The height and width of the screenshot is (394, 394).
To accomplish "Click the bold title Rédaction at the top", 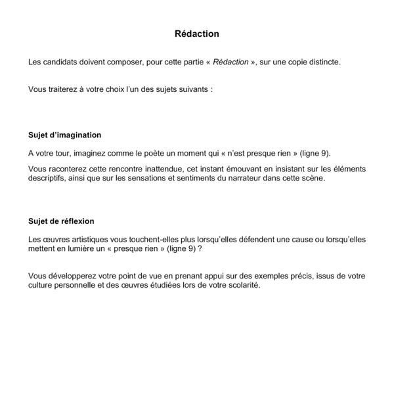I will click(x=197, y=33).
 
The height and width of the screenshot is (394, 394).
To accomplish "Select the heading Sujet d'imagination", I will click(x=64, y=135).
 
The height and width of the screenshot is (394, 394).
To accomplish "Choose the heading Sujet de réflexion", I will click(x=61, y=221).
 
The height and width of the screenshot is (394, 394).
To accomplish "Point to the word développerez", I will click(x=73, y=276).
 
